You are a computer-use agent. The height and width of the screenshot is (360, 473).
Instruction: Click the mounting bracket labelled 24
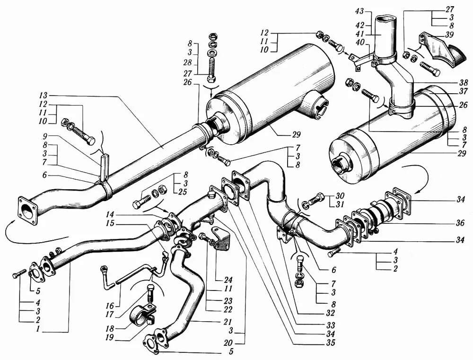point(220,239)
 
